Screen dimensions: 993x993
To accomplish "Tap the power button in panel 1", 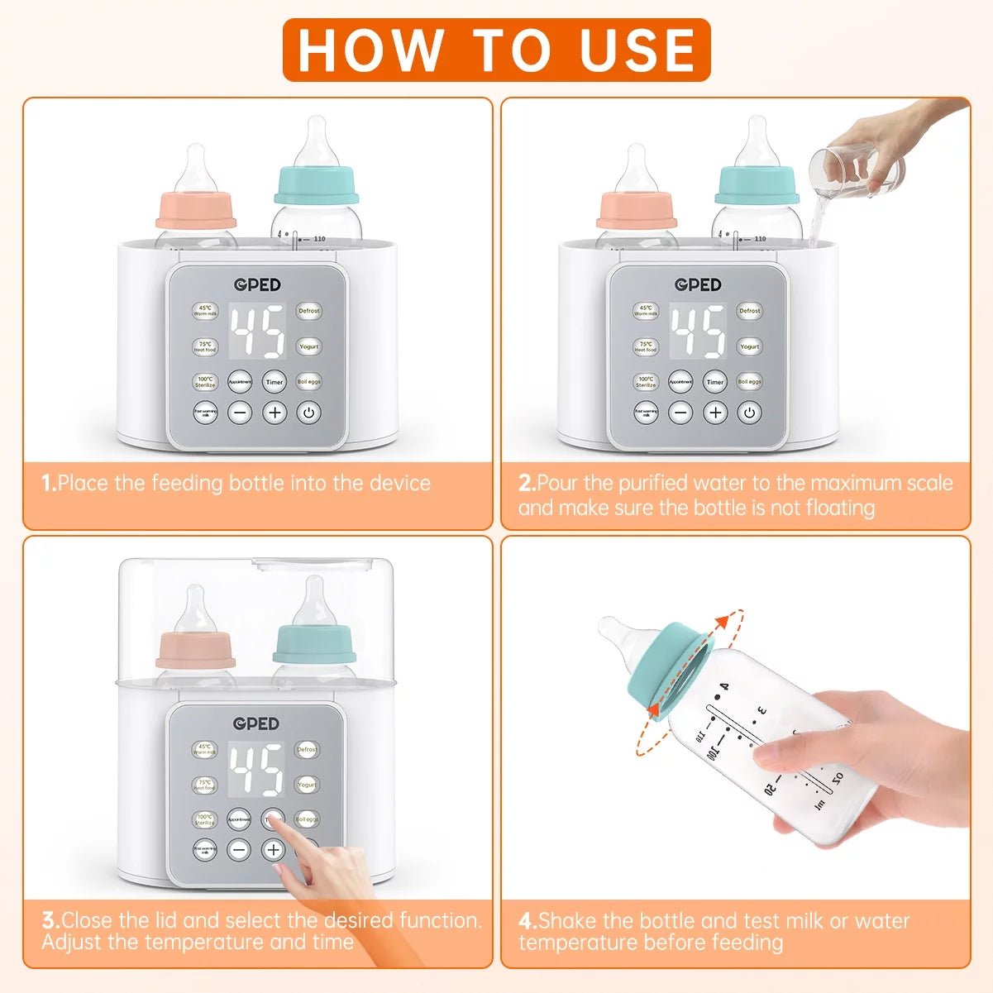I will pyautogui.click(x=309, y=412).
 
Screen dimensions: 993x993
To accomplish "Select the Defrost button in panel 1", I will pyautogui.click(x=309, y=311).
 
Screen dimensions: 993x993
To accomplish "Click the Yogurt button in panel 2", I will pyautogui.click(x=750, y=346).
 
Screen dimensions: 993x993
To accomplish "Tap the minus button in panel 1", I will pyautogui.click(x=240, y=412).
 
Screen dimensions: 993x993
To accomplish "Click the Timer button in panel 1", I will pyautogui.click(x=275, y=381).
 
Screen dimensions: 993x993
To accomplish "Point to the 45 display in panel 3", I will pyautogui.click(x=255, y=769).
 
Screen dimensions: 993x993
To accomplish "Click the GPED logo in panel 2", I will pyautogui.click(x=698, y=284).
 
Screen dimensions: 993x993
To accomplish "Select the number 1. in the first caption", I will pyautogui.click(x=49, y=483).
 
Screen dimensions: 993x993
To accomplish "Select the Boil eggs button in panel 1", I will pyautogui.click(x=309, y=381).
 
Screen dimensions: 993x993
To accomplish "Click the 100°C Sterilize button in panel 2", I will pyautogui.click(x=646, y=381).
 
